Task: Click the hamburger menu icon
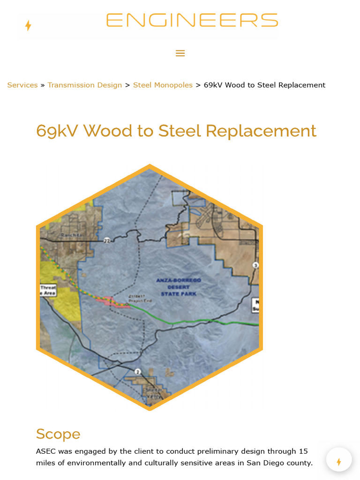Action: tap(180, 53)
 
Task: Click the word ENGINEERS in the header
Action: tap(192, 21)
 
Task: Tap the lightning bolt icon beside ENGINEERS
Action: tap(28, 25)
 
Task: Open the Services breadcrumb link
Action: tap(22, 85)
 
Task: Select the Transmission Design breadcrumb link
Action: tap(84, 85)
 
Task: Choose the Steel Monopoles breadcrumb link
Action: tap(163, 85)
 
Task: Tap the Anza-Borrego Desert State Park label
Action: tap(179, 287)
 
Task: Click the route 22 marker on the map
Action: tap(107, 240)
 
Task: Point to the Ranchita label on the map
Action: tap(72, 235)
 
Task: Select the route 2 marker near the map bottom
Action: tap(137, 372)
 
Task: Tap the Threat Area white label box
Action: tap(48, 290)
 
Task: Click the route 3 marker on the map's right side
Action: tap(255, 265)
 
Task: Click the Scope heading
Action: tap(58, 434)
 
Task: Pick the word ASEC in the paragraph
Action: tap(46, 451)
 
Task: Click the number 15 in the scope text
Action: tap(303, 451)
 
